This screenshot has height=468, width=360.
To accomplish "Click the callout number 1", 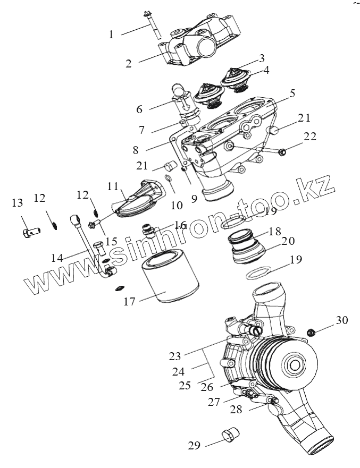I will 111,35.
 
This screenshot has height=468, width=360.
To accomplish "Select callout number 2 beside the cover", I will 129,64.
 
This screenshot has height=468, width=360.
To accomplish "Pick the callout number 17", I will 130,302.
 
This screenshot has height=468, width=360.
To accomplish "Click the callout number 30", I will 342,320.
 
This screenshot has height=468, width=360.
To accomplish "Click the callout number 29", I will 194,445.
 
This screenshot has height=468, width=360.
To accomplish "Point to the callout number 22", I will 309,137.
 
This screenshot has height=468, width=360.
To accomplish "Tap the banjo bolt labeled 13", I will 30,232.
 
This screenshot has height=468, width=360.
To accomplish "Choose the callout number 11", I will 112,186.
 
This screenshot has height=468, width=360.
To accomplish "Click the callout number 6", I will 139,109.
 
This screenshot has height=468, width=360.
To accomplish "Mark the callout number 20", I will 288,241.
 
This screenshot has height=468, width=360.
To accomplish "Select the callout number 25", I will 185,385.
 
